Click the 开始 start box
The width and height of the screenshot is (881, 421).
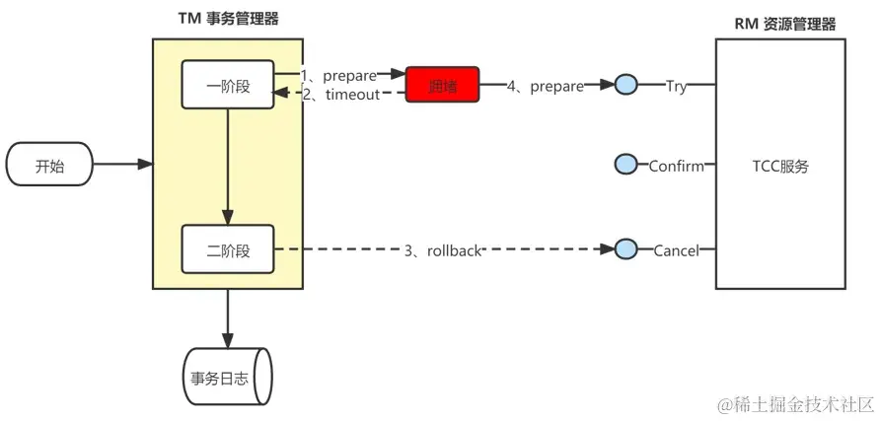pos(49,166)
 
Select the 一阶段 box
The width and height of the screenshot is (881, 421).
pos(228,85)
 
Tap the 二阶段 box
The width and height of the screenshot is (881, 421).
pos(228,250)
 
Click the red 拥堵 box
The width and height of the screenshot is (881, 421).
pos(442,86)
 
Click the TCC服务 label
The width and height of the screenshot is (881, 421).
pos(780,166)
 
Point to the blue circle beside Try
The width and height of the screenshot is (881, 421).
pos(625,86)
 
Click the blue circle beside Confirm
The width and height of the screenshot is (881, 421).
pos(625,166)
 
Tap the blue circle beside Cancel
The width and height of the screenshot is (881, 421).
pos(625,250)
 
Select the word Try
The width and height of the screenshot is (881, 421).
pos(676,86)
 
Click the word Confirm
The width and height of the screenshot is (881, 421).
pos(676,166)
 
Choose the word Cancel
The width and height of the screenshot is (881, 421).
pos(676,250)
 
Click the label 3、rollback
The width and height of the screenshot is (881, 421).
pos(443,250)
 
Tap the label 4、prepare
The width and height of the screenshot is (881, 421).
pos(545,86)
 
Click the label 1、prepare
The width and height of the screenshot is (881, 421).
pos(339,75)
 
